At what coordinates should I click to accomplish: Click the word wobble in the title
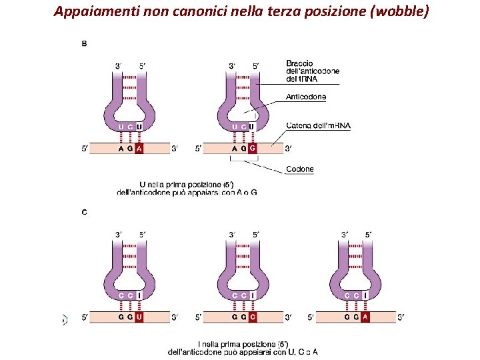pos(397,11)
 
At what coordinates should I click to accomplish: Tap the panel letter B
pos(84,44)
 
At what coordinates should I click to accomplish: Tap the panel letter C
pos(84,213)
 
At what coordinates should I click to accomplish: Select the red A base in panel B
pos(139,149)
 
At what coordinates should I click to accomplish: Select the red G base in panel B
pos(253,149)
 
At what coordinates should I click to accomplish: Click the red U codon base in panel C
pos(139,317)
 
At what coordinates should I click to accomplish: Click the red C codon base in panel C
pos(253,317)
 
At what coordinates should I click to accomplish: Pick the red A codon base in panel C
pos(365,317)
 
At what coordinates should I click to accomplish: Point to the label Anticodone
pos(306,97)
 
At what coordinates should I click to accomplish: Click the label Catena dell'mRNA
pos(318,125)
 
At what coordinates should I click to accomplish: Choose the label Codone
pos(299,169)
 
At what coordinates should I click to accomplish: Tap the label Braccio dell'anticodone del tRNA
pos(312,71)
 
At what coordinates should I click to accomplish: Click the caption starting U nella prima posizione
pos(187,188)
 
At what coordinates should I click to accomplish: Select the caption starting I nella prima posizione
pos(243,347)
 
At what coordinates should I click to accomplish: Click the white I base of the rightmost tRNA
pos(365,295)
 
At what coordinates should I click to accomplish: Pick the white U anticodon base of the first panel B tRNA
pos(139,127)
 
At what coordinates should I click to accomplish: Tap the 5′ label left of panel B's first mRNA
pos(85,149)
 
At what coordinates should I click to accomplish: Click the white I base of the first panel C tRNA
pos(139,295)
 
